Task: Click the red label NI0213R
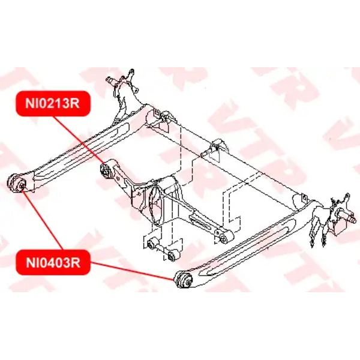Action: (53, 103)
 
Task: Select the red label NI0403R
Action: (53, 262)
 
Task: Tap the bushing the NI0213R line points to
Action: (106, 170)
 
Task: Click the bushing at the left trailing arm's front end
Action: (17, 183)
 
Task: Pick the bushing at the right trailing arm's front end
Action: (183, 279)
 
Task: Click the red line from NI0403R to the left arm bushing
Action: (43, 221)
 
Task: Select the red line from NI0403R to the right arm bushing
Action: (132, 271)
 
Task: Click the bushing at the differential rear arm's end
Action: (224, 237)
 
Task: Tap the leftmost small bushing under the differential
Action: (151, 244)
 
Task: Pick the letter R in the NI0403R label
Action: (76, 263)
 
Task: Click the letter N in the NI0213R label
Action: (29, 103)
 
